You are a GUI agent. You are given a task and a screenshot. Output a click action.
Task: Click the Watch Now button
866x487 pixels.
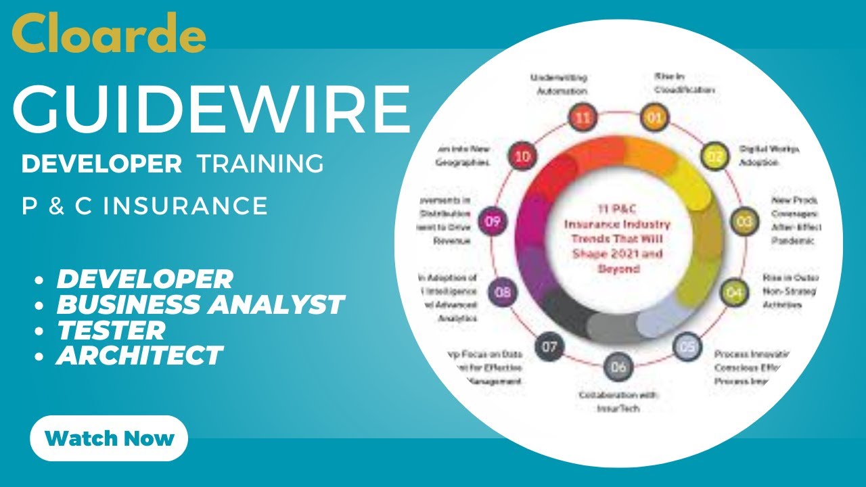pos(109,438)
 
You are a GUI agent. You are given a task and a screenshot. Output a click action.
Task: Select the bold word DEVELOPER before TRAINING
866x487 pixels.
pos(101,164)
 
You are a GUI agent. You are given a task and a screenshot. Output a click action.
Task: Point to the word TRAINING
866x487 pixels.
pos(260,164)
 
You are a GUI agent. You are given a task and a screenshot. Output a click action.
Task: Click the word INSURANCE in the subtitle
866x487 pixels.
pos(185,206)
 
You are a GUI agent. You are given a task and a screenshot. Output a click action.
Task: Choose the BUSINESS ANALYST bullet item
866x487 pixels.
pos(200,304)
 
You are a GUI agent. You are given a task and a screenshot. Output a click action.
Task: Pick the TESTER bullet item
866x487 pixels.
pos(111,330)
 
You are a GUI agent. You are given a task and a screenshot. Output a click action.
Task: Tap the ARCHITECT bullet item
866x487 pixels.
pos(139,355)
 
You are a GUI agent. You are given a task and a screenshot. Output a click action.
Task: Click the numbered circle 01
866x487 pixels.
pos(654,118)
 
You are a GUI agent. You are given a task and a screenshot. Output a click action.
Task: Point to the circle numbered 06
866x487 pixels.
pos(618,367)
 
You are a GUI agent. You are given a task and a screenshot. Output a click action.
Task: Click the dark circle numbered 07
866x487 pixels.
pos(549,348)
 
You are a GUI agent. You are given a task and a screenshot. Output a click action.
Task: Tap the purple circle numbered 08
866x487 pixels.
pos(503,293)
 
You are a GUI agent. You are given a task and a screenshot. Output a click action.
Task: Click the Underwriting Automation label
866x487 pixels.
pos(559,84)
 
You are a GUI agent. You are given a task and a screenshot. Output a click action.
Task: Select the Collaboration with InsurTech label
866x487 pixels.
pos(618,402)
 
